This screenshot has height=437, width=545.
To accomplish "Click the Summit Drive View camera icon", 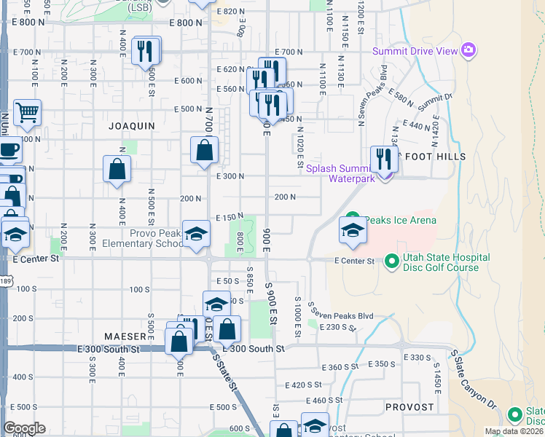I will [x=468, y=50].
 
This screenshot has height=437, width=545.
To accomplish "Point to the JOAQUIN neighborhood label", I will [x=132, y=126].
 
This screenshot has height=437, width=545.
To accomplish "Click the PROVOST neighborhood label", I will [x=410, y=407].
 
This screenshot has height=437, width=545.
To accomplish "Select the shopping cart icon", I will [x=28, y=114].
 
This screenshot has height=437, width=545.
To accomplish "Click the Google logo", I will [x=24, y=428].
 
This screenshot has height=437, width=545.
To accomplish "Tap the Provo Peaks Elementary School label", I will [x=156, y=238].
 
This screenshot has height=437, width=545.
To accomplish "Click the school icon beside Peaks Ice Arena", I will [x=353, y=232].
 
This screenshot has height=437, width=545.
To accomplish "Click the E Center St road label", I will [x=354, y=261].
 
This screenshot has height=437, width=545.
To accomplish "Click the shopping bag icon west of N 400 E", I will [x=117, y=170].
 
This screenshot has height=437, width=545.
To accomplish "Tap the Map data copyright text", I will [x=514, y=431].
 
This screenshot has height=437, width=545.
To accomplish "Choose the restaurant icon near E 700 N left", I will [x=146, y=51].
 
